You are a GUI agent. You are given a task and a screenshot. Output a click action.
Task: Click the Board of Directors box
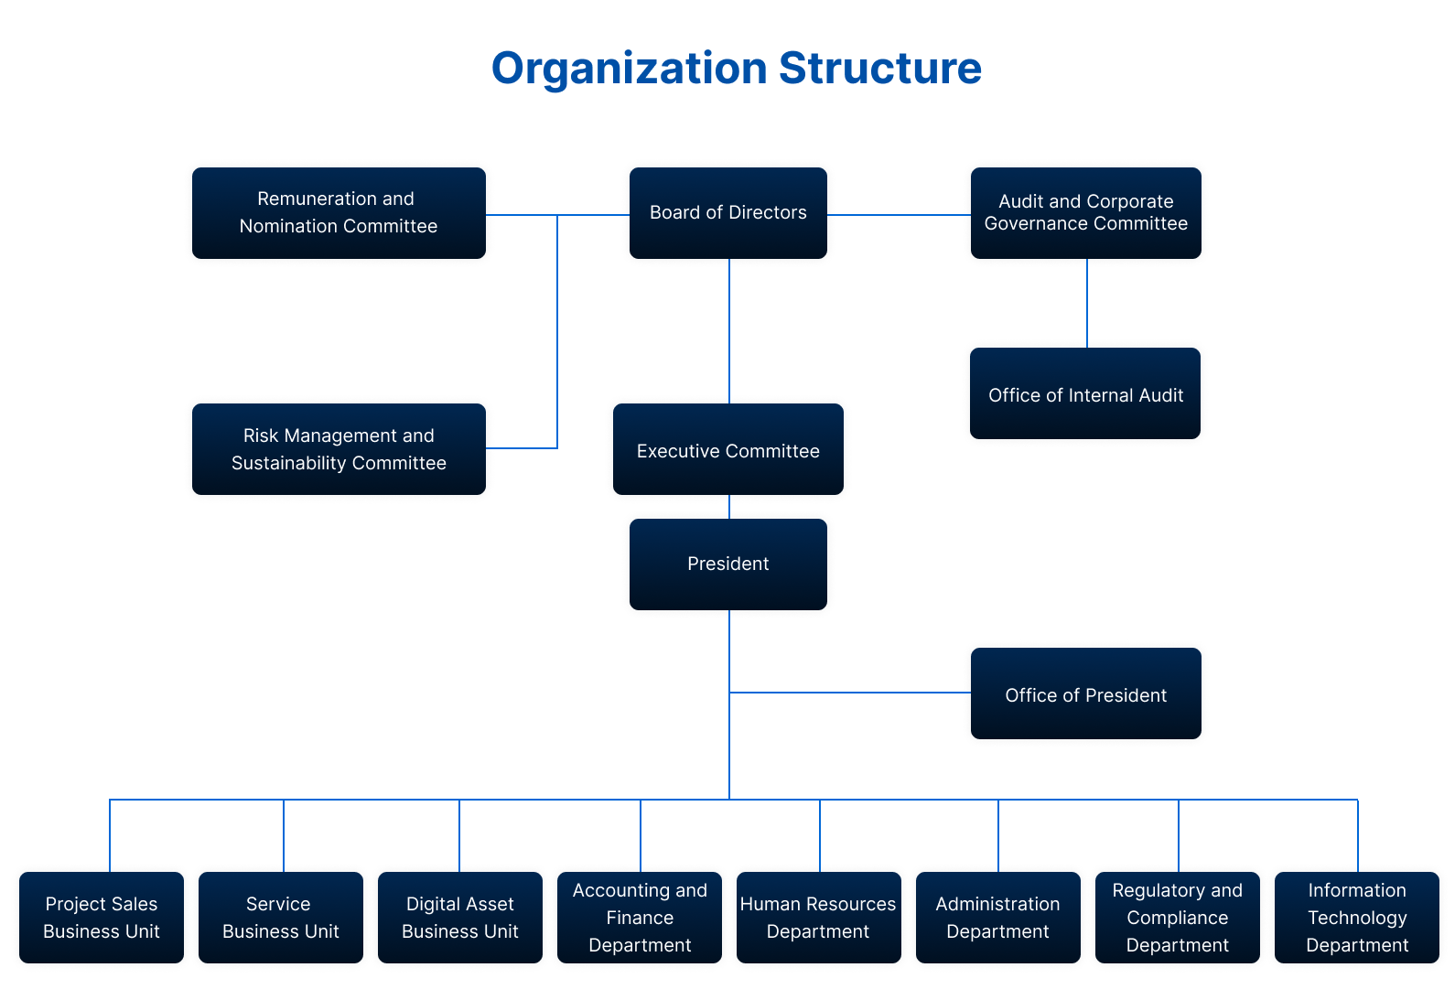727,212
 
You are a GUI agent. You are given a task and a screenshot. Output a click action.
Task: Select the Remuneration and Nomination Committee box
339,212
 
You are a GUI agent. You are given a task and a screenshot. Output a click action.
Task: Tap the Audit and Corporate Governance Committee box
1085,212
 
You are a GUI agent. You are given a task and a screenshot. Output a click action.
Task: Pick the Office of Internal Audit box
1084,393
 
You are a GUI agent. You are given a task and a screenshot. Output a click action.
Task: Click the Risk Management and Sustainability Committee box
339,448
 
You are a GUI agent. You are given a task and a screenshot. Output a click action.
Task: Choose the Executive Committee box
727,449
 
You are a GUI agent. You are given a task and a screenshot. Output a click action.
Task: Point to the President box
727,564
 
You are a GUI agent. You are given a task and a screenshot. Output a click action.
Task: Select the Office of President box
1085,693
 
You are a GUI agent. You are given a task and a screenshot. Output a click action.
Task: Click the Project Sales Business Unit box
101,917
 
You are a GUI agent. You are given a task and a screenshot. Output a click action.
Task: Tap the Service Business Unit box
280,917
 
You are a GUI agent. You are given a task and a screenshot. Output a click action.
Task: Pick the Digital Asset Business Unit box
459,917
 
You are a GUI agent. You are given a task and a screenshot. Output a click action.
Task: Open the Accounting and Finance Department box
639,917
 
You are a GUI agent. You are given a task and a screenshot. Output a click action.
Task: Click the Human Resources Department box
818,917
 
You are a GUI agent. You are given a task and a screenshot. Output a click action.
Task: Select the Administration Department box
997,917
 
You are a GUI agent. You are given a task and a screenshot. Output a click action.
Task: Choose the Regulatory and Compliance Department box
1177,917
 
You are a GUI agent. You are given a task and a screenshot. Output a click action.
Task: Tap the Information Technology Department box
1356,917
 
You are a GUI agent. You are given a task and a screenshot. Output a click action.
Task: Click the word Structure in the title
879,69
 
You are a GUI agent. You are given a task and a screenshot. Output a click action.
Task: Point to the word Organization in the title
630,69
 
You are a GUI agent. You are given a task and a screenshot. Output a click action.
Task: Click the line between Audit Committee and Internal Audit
1087,303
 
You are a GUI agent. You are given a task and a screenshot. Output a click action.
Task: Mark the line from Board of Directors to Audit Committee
899,215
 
